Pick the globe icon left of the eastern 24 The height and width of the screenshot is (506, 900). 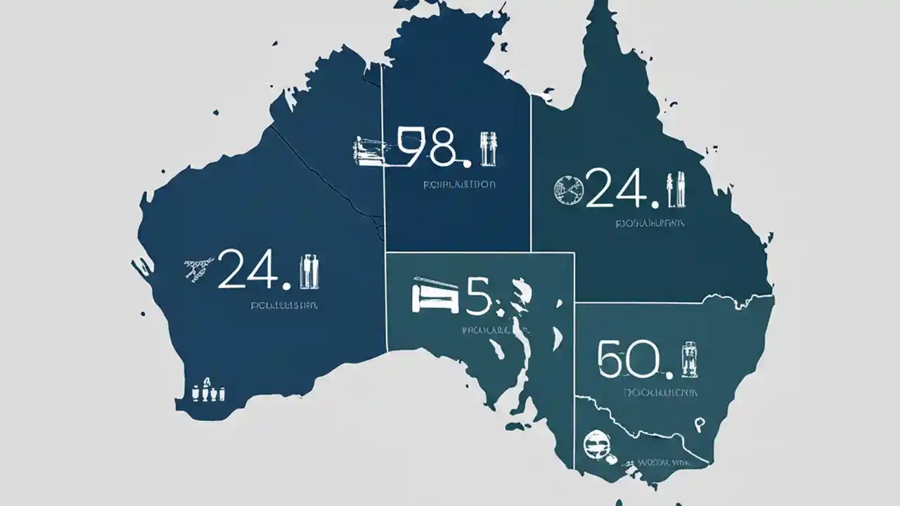point(568,190)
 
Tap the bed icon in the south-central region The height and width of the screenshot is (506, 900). point(435,294)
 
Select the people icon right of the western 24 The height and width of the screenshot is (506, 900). point(310,271)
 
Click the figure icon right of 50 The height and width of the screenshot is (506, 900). point(688,358)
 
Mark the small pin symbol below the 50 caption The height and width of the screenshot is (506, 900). point(700,424)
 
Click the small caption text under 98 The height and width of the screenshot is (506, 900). point(458,186)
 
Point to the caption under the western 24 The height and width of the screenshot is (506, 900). point(284,306)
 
